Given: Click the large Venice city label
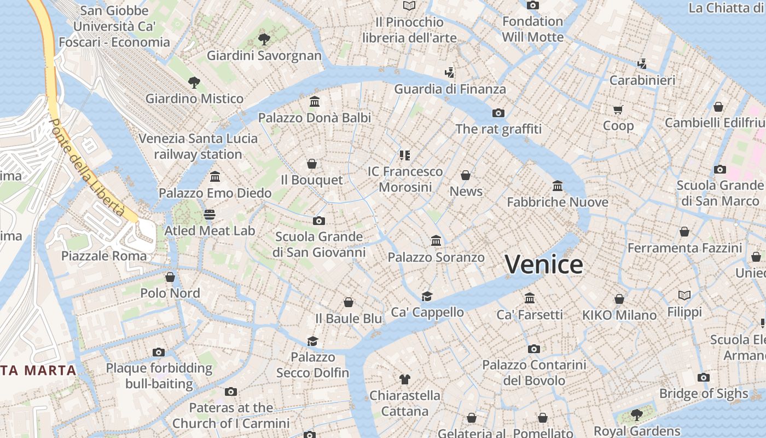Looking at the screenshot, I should [544, 264].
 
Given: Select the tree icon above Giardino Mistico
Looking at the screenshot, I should [194, 83].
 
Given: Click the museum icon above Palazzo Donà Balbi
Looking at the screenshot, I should [315, 101].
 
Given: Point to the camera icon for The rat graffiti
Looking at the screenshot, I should [498, 113].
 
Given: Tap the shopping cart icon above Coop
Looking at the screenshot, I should [618, 109].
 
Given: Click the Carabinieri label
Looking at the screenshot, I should [642, 80].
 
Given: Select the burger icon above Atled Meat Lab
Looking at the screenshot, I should [210, 214].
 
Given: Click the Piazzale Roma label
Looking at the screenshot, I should [104, 256].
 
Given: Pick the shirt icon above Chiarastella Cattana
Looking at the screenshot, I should [404, 379].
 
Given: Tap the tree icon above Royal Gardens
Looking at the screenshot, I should [636, 414].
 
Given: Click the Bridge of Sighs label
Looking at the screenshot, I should [704, 393].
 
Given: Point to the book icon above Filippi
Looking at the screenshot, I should [684, 296].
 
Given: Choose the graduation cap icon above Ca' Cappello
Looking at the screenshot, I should [427, 296].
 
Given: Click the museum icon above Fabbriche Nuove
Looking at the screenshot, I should [558, 186].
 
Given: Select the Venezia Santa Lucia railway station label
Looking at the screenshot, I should [198, 146].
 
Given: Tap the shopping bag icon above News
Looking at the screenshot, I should [466, 175].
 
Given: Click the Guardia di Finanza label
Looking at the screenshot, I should [450, 89].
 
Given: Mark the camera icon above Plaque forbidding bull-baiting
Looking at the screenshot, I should [159, 352].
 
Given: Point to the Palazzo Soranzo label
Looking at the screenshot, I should [436, 257].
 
